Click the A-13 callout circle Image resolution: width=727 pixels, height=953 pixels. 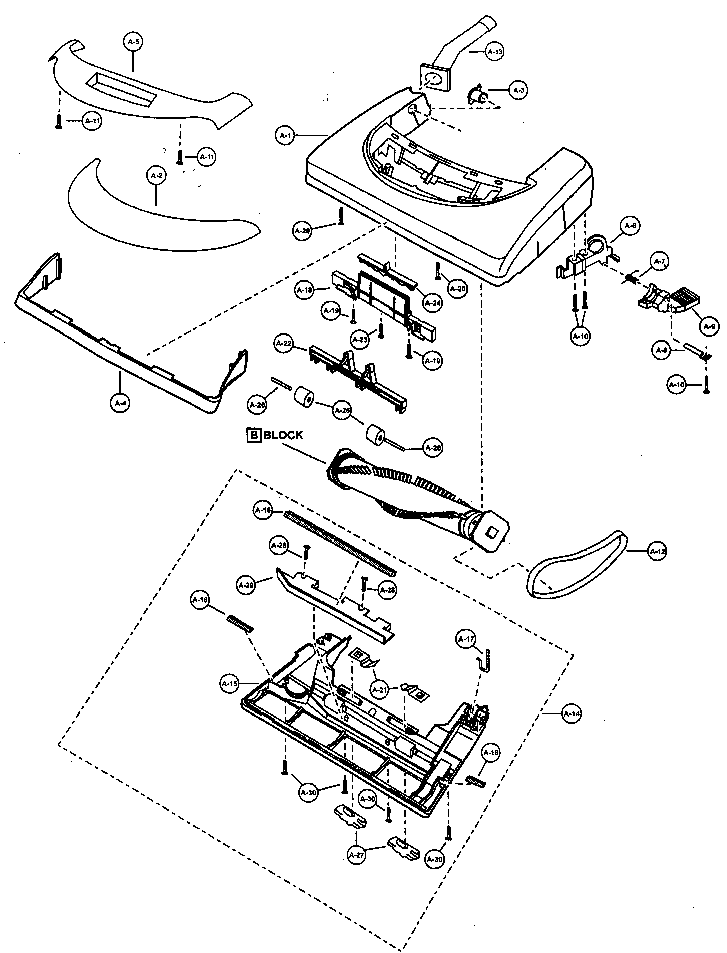click(x=495, y=52)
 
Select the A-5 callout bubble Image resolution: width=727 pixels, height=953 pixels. click(x=133, y=42)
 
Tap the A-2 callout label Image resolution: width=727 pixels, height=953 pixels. click(x=156, y=175)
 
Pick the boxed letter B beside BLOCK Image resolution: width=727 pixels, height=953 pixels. click(x=253, y=435)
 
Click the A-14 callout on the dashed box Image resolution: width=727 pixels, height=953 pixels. click(x=571, y=714)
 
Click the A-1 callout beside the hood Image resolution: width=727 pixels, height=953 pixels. click(x=285, y=135)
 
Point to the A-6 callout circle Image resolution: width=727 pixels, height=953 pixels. click(x=630, y=225)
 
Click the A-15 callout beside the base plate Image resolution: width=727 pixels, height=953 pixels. click(x=229, y=683)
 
